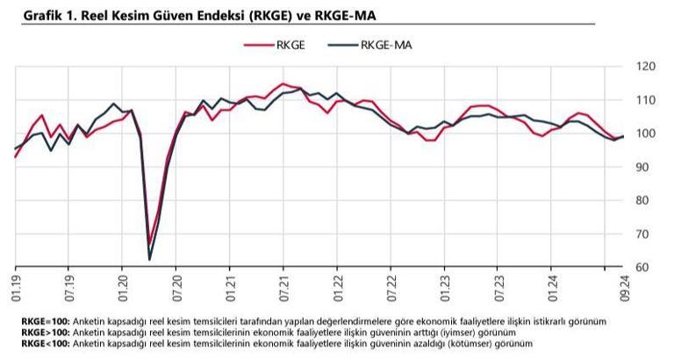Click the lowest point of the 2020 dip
(149, 259)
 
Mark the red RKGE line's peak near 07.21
(283, 84)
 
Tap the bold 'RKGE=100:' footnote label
(46, 321)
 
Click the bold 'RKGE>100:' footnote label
(46, 332)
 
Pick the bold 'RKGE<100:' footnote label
(46, 342)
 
